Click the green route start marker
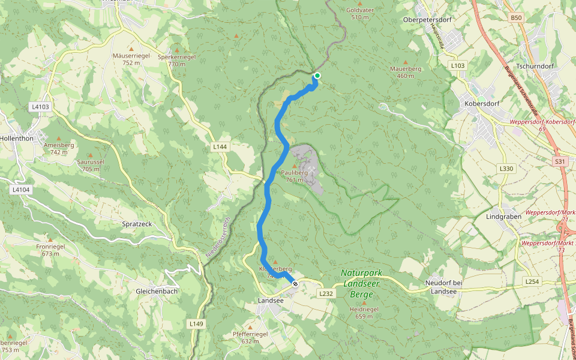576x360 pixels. (317, 75)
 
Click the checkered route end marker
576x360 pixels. (295, 284)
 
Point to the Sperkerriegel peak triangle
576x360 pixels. (176, 50)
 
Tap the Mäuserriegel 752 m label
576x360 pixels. (131, 59)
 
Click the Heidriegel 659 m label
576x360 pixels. (363, 313)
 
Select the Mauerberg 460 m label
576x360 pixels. (406, 72)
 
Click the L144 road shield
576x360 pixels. (220, 146)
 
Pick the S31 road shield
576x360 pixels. (560, 161)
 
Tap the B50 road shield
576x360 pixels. (517, 18)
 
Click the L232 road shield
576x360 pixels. (326, 293)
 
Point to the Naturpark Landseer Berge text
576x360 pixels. (361, 283)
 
